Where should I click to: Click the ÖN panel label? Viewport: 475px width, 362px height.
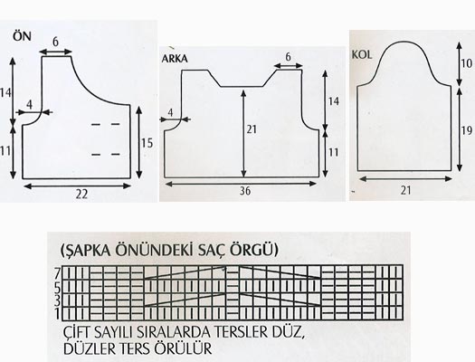pos(22,36)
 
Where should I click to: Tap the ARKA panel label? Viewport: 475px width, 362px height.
pos(175,59)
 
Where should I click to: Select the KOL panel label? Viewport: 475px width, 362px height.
pos(362,54)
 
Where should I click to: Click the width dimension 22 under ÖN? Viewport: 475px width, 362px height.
pos(81,195)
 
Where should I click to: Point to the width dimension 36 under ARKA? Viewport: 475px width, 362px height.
pos(245,191)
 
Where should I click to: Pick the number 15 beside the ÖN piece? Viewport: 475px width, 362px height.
pos(147,143)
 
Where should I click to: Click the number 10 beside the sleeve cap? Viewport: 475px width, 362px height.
pos(467,63)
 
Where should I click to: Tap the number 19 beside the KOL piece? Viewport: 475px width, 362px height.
pos(467,130)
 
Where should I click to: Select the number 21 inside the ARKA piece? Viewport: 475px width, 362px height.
pos(252,129)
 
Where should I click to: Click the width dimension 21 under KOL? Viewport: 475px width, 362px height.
pos(406,190)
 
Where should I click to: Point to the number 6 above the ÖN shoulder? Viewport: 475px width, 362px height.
pos(55,42)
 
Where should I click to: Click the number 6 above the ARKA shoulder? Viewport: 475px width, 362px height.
pos(288,56)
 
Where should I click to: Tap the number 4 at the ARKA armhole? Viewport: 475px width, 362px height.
pos(170,113)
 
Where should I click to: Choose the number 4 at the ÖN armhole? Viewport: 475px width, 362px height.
pos(29,105)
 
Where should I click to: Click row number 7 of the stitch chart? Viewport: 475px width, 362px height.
pos(58,274)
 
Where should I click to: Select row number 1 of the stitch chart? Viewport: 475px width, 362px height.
pos(58,314)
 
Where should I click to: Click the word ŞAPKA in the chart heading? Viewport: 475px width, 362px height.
pos(86,250)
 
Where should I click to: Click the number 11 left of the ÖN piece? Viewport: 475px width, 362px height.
pos(5,151)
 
